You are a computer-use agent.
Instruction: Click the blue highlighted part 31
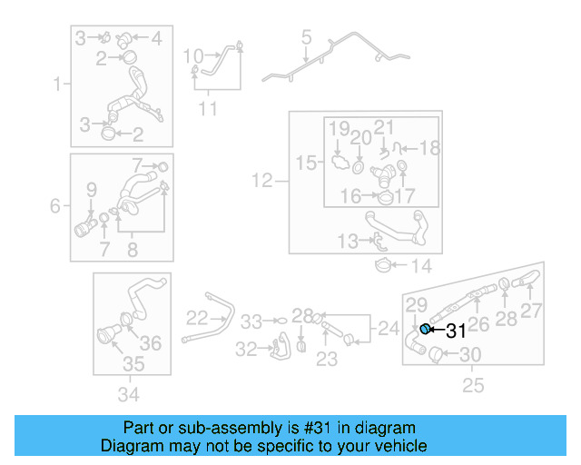(424, 329)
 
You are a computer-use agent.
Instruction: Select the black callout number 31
(455, 332)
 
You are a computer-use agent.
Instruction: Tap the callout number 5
(306, 38)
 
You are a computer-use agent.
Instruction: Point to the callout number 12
(261, 182)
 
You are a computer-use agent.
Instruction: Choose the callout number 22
(197, 318)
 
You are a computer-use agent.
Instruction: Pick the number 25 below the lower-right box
(474, 386)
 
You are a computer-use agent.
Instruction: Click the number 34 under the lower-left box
(129, 394)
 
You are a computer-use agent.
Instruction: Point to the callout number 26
(478, 322)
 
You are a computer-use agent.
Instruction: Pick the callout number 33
(251, 322)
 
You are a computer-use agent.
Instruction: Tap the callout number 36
(151, 342)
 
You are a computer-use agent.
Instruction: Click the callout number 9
(91, 189)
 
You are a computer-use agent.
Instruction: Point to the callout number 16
(350, 194)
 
